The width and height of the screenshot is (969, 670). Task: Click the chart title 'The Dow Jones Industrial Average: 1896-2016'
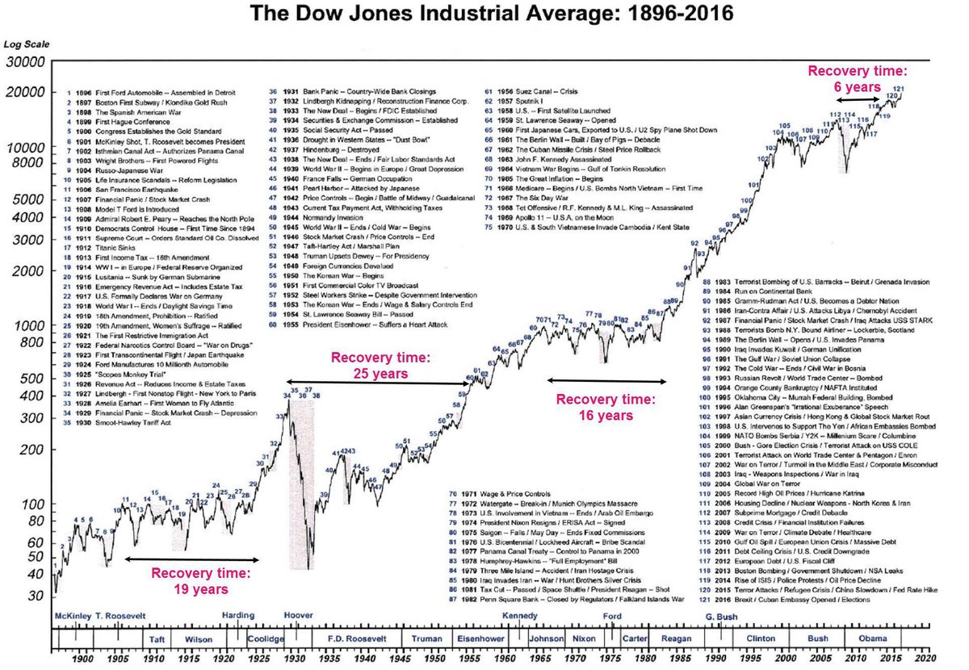[484, 14]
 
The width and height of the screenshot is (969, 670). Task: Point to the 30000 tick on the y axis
[27, 62]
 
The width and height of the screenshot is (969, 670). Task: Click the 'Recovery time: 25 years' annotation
[373, 365]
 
